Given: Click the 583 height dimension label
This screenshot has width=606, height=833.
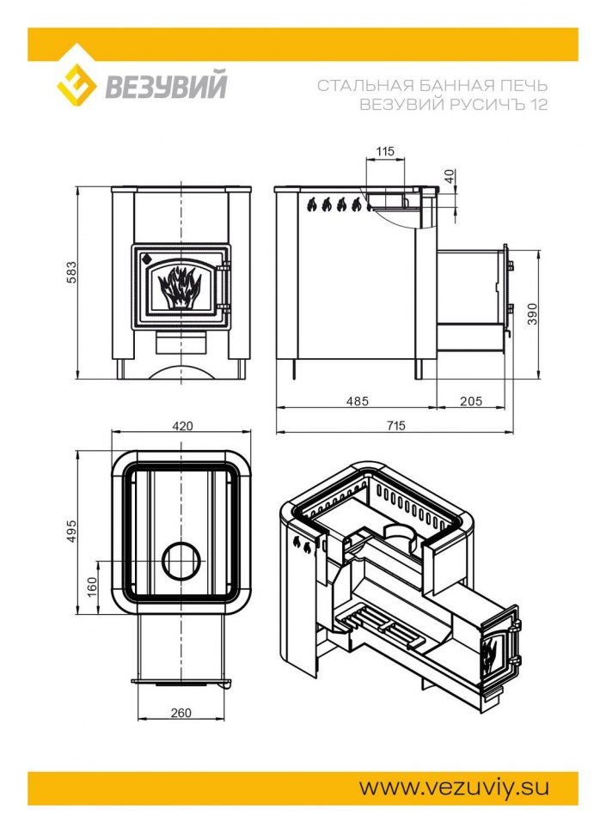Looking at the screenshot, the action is coord(71,272).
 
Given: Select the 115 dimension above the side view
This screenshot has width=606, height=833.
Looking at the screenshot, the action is coord(385,151).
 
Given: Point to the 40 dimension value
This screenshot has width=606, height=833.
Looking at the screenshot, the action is coord(450,176).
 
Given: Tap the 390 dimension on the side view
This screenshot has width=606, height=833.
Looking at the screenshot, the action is coord(532,313).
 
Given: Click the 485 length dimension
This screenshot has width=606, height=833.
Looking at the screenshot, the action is coord(358,401).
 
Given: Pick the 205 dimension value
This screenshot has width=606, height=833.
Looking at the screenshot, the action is coord(471,401).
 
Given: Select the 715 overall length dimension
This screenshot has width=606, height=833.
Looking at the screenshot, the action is coord(396,425).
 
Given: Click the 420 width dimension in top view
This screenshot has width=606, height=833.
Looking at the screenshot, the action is coord(183,426).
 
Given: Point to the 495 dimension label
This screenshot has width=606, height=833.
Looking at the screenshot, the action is coord(71,531).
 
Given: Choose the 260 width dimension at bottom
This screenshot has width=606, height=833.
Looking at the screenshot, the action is coord(181,713).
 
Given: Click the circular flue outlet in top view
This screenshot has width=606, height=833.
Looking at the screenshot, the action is coord(182,562).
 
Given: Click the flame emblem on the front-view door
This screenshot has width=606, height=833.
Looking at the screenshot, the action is coord(180,287).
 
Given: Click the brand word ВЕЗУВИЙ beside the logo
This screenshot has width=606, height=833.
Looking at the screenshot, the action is coord(166,85).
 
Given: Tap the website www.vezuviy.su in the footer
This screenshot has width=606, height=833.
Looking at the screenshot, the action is coord(454,787).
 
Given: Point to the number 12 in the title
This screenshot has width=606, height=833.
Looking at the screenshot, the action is coord(539,104).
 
